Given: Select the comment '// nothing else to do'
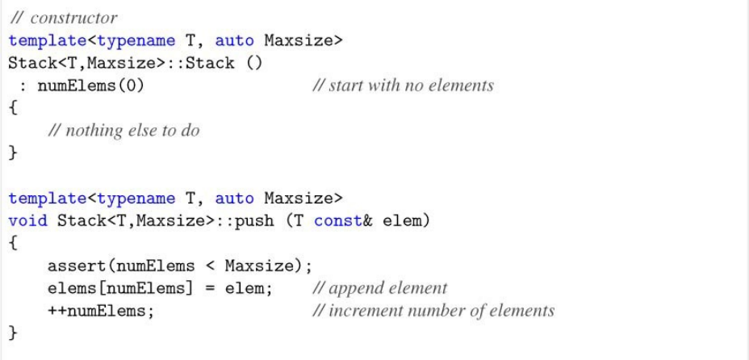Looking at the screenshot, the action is (123, 131).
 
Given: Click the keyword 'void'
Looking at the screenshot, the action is (28, 220).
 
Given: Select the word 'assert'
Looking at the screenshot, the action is (77, 266).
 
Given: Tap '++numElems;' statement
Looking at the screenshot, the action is (101, 311).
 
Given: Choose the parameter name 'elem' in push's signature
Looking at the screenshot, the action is (393, 220).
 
